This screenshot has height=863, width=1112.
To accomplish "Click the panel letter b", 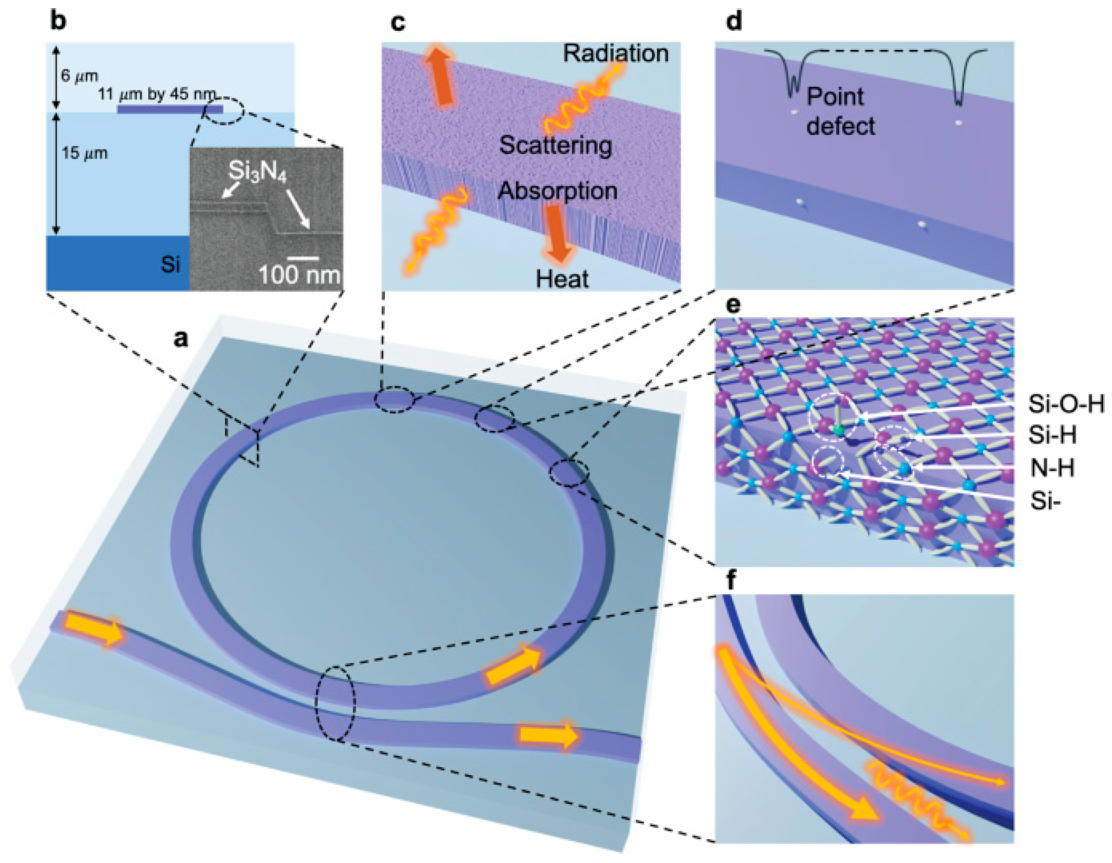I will pos(58,22).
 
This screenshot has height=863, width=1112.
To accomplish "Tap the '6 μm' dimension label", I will pos(80,76).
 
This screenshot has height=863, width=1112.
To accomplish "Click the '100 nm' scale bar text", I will pos(299,275).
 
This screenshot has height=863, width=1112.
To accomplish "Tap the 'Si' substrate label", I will pos(170,264).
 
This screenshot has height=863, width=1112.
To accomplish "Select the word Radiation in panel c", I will pos(615,54).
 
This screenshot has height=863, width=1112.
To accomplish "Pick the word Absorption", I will pos(557,191).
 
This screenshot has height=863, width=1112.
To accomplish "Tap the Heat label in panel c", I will pos(562,278).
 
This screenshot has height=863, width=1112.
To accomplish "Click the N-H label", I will pos(1052,467).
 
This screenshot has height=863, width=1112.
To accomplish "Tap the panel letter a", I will pos(180,339).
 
